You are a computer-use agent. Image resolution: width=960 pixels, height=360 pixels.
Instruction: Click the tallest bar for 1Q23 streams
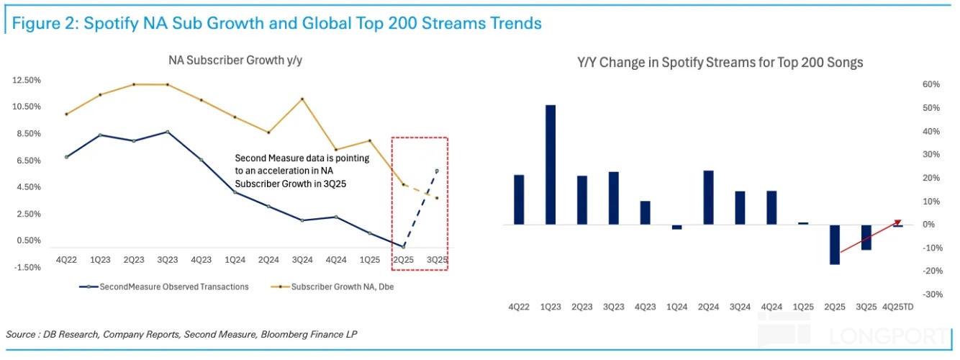pos(550,165)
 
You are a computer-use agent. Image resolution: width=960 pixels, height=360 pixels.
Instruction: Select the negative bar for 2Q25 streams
pos(834,245)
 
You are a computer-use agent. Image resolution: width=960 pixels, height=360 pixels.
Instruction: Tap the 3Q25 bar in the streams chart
pos(866,238)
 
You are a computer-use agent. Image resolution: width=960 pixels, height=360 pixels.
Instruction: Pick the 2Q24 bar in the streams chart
pos(708,198)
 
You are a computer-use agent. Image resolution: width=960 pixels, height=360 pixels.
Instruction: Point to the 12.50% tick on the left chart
pos(27,80)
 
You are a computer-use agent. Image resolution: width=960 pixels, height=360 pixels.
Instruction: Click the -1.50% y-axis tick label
pos(27,267)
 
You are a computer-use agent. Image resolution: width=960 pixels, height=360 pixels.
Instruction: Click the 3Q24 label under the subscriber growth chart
pos(302,259)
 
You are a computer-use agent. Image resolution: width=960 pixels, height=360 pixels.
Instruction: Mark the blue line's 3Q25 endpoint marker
pos(437,171)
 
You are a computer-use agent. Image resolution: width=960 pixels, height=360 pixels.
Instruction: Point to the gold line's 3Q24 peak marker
pos(302,99)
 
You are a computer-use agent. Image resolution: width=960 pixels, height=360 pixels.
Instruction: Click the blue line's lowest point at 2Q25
pos(404,246)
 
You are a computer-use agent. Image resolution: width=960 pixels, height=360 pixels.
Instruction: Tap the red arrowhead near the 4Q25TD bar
pos(897,222)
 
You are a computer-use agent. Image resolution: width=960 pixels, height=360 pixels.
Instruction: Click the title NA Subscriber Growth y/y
pos(235,60)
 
